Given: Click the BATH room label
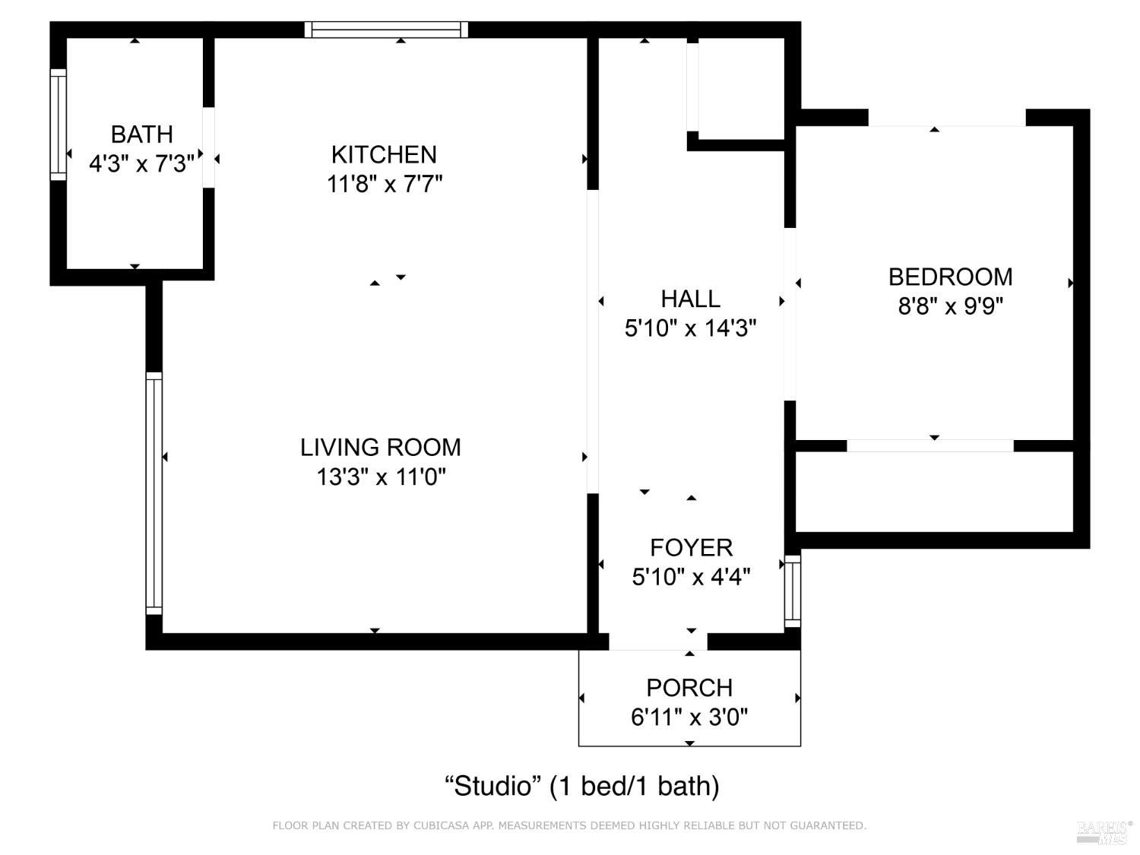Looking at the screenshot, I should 141,135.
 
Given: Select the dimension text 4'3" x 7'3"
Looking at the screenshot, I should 141,163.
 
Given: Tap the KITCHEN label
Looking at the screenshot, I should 384,155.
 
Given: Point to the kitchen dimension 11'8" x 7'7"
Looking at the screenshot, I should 385,184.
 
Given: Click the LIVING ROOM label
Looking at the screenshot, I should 380,448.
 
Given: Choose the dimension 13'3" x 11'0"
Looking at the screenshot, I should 381,477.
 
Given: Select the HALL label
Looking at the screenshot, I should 690,299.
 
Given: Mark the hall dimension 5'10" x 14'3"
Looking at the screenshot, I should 690,328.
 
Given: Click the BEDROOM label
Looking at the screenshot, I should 950,277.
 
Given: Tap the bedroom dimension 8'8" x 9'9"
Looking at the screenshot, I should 950,306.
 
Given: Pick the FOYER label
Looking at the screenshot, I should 691,548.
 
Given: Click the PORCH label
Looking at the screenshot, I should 689,688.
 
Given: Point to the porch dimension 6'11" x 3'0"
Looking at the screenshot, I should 689,717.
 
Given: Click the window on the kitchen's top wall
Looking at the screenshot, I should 386,30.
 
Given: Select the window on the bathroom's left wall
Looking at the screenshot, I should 58,125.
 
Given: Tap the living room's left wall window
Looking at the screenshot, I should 154,493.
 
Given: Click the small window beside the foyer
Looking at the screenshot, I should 792,591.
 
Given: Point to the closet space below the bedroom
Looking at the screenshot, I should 933,492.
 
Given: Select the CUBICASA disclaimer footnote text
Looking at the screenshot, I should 569,825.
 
